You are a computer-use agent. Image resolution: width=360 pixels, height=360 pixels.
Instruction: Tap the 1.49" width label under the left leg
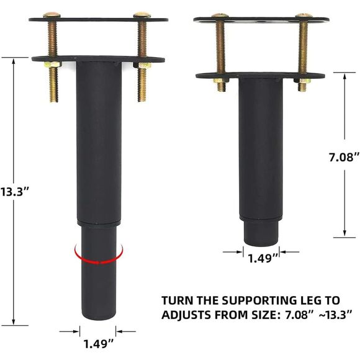click(x=99, y=342)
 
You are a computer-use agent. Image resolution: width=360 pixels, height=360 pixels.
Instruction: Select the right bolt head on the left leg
click(x=142, y=14)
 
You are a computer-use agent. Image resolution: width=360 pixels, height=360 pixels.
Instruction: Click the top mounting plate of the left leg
click(x=98, y=20)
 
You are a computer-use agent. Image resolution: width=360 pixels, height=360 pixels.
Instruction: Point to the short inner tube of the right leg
click(x=261, y=232)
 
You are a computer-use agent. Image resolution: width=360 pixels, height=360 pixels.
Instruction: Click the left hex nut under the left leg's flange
click(x=52, y=64)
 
